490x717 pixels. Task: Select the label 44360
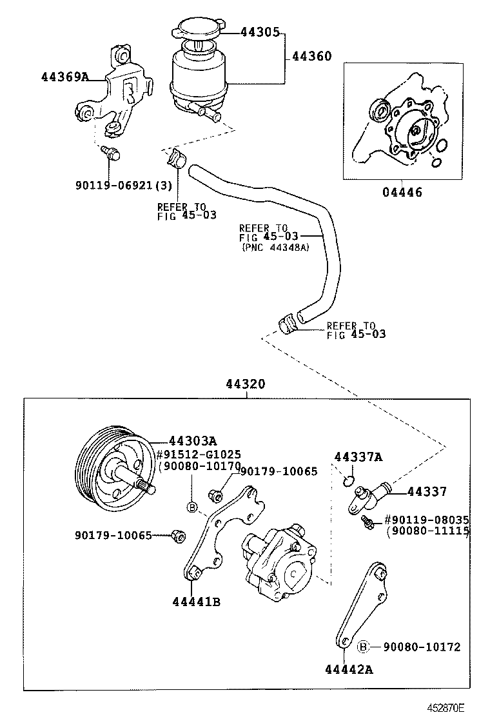click(x=312, y=57)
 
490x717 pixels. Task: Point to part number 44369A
click(x=64, y=77)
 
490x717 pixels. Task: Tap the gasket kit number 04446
click(x=402, y=192)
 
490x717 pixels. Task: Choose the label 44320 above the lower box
click(x=246, y=384)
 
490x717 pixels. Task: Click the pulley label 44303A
click(x=192, y=441)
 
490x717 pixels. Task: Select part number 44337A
click(x=358, y=457)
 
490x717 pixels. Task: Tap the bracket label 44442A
click(x=349, y=669)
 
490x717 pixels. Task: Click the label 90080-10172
click(x=422, y=646)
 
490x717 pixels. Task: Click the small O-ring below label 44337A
click(x=348, y=480)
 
